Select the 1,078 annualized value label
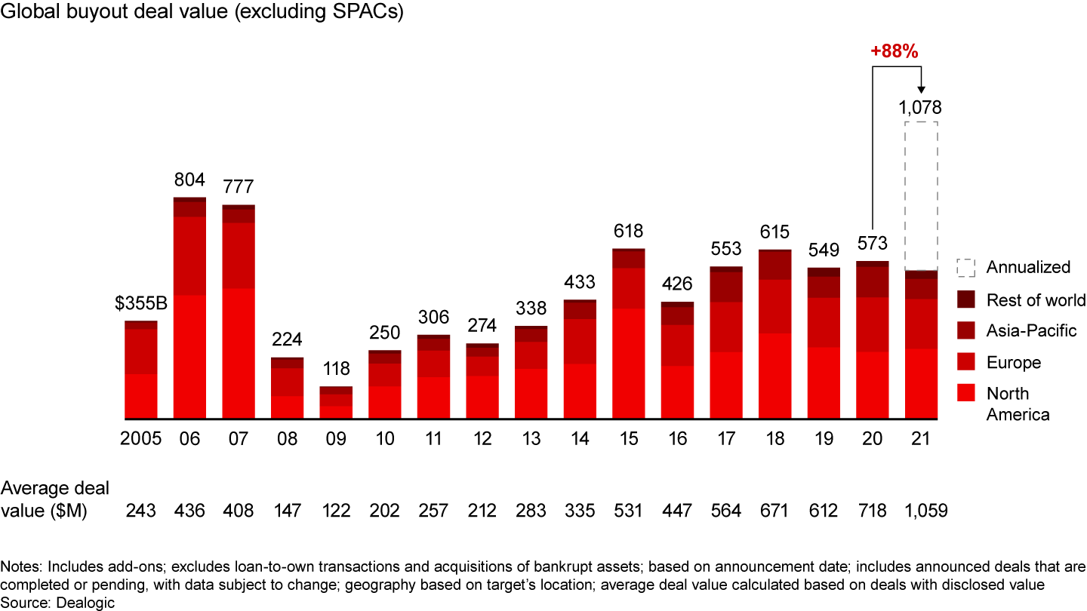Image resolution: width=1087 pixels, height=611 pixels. click(x=920, y=107)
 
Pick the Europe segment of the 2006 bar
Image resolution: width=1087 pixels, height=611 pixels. click(x=190, y=256)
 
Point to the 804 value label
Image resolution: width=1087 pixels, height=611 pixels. click(x=190, y=180)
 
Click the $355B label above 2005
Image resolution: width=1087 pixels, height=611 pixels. click(x=142, y=304)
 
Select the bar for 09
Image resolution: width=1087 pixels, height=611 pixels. click(x=336, y=403)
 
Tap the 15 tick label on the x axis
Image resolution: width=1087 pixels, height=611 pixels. click(x=629, y=440)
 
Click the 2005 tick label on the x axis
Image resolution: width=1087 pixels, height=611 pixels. click(x=141, y=440)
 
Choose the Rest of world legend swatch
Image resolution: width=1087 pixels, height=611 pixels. click(x=965, y=299)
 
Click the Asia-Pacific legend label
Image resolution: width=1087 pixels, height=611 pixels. click(x=1031, y=330)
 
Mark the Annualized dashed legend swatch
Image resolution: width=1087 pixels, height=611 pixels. click(x=965, y=268)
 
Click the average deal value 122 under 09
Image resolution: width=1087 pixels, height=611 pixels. click(x=336, y=511)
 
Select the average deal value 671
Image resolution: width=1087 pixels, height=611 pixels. click(x=775, y=511)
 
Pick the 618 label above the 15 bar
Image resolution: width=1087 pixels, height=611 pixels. click(x=628, y=231)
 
